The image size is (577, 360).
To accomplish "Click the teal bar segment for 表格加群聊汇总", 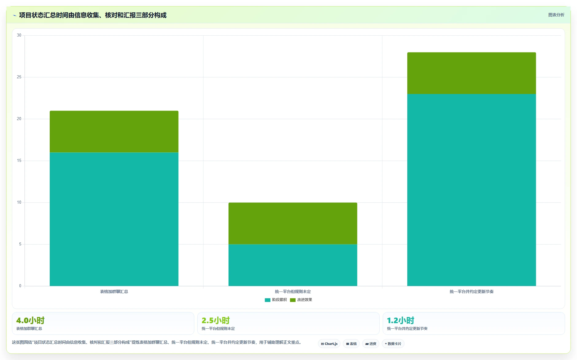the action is (x=114, y=219).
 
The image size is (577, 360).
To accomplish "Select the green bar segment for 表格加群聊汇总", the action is (x=114, y=131).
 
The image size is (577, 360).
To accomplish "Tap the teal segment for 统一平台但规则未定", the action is (x=293, y=265).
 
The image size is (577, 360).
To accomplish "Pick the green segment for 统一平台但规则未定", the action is (x=293, y=223).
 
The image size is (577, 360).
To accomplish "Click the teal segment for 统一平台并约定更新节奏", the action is (x=471, y=190).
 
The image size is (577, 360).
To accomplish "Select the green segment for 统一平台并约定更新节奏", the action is (x=471, y=73).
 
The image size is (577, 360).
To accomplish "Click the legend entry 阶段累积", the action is (x=276, y=300).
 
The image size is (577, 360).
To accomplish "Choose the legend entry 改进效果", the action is (x=301, y=300).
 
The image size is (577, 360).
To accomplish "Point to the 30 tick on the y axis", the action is (x=19, y=35).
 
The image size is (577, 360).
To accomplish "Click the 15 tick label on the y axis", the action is (x=19, y=161).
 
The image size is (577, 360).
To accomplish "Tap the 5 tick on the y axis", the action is (x=20, y=244).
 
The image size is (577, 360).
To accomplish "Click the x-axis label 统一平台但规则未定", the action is (x=293, y=292).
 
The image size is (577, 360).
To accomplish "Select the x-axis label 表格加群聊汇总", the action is (x=114, y=292).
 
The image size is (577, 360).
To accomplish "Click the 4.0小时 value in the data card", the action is (x=30, y=320).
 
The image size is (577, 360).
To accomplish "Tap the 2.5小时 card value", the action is (x=216, y=320).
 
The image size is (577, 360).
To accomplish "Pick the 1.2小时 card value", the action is (x=401, y=320).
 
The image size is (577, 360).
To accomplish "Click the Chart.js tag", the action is (x=329, y=344).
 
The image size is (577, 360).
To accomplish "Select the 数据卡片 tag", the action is (x=393, y=344).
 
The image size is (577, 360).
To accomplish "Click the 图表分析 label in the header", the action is (x=556, y=15).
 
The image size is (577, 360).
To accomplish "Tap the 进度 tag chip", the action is (x=371, y=344).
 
